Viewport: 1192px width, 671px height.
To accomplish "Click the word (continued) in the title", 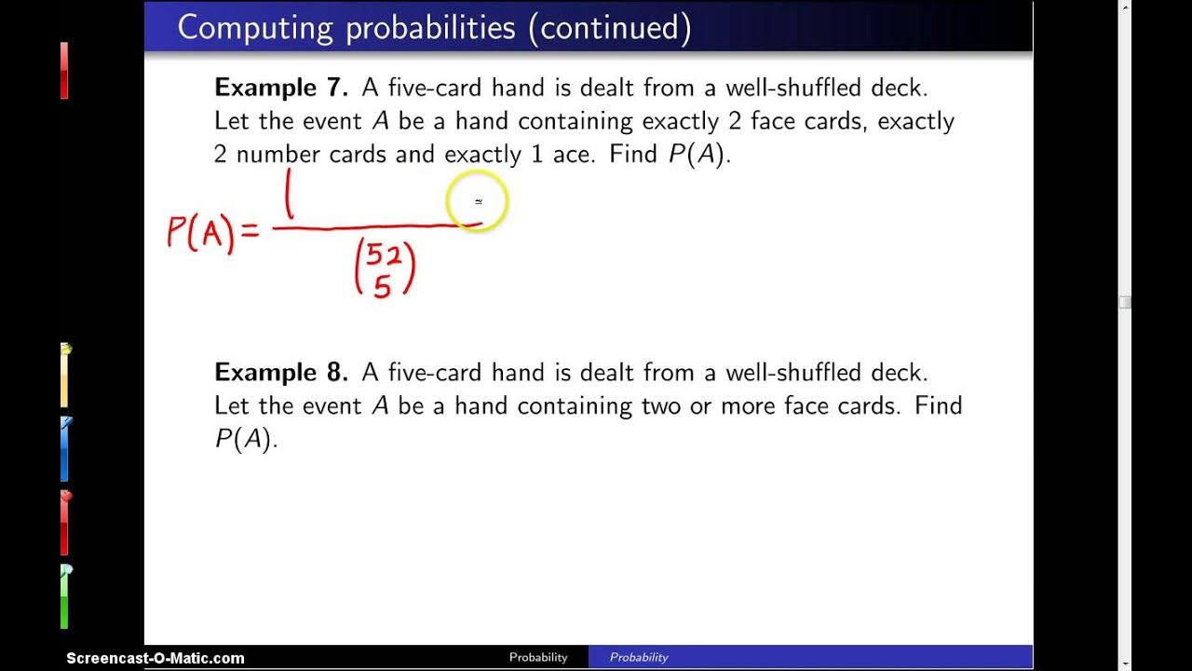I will (609, 28).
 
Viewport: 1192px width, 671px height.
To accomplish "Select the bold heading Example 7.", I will (280, 88).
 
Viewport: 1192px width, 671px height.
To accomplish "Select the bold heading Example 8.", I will (280, 373).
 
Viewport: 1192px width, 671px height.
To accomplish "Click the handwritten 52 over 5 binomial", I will (385, 269).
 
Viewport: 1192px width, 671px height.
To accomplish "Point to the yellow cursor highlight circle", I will (478, 201).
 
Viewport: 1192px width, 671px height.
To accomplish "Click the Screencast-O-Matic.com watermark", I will (156, 658).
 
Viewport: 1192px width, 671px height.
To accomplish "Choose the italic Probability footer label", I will (639, 657).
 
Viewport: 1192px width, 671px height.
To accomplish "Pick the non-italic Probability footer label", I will (538, 657).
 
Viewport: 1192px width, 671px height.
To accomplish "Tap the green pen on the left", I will (65, 596).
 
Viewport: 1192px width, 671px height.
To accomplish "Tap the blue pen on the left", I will (65, 449).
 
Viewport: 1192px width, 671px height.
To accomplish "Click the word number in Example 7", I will (278, 155).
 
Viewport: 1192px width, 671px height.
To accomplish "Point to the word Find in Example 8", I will (939, 406).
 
